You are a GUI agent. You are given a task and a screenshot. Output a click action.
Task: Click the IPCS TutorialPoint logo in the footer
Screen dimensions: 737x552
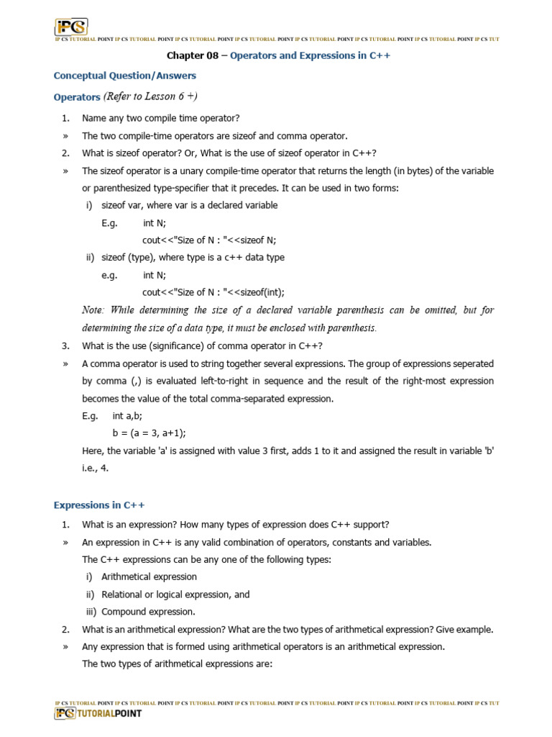(98, 713)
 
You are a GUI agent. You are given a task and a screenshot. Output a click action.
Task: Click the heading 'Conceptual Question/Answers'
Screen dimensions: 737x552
(125, 76)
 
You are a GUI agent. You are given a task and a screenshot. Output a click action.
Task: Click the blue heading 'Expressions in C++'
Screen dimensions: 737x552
(100, 505)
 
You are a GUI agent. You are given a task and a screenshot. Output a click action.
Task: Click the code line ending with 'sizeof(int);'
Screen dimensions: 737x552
(213, 292)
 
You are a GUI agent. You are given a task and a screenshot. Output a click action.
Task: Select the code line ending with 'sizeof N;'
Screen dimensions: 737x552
(209, 240)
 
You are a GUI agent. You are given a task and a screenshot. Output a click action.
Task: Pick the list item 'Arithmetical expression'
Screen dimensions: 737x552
(149, 577)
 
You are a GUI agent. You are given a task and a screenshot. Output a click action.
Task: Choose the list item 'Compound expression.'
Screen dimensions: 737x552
(148, 612)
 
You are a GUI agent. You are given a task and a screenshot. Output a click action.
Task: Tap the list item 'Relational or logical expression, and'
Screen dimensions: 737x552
(175, 594)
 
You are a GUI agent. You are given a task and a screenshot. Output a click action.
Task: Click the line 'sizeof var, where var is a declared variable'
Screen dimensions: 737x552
(189, 205)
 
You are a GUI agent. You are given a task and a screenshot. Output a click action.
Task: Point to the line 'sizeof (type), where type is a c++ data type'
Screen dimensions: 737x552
(193, 258)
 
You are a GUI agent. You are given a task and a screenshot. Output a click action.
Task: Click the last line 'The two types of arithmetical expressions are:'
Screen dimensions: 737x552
(177, 664)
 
